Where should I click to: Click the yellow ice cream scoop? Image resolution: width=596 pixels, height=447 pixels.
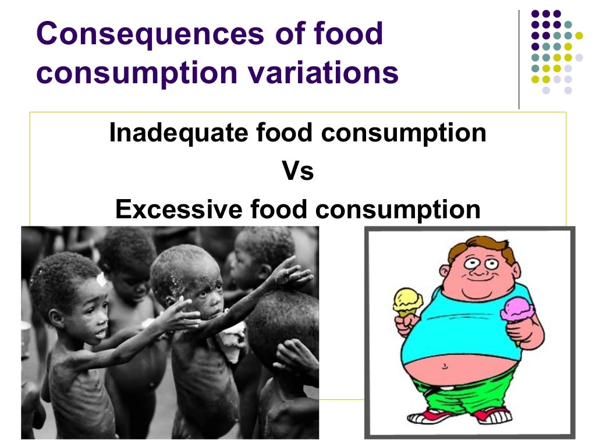pos(407,300)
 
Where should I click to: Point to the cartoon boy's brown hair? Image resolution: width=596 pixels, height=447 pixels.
pos(483,247)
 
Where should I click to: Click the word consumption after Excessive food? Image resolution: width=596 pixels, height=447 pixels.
pos(398,210)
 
